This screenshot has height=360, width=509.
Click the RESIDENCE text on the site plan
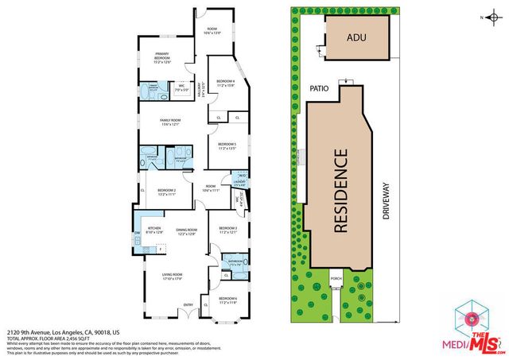[340, 190]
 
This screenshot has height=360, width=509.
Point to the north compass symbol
[493, 17]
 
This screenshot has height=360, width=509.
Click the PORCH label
[336, 279]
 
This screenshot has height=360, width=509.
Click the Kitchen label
[154, 231]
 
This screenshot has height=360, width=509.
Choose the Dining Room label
[185, 231]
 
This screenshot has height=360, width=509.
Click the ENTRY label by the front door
[188, 305]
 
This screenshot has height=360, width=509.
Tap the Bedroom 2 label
[165, 192]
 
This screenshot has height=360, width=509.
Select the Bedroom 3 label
[228, 230]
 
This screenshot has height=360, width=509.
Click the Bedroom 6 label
[228, 300]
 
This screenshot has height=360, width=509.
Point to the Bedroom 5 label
[228, 145]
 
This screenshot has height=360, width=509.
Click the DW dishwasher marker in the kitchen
[138, 232]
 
